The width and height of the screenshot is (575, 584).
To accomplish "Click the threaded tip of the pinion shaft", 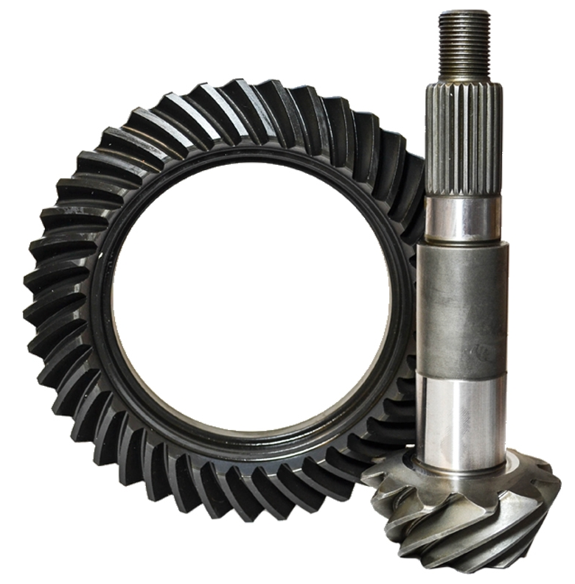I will [x=464, y=44].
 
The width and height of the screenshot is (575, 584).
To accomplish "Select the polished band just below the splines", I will [x=463, y=219].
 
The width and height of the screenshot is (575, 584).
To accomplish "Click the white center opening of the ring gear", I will [x=251, y=295].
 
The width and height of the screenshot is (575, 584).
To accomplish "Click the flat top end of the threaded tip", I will [x=464, y=13].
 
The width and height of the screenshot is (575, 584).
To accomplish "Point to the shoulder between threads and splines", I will [x=464, y=80].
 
